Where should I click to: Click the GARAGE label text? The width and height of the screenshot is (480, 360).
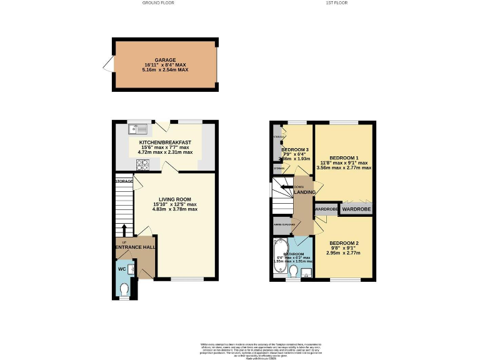(x=166, y=60)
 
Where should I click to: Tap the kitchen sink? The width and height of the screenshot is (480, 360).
(x=137, y=129)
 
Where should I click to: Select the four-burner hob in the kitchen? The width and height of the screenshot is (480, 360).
(x=142, y=165)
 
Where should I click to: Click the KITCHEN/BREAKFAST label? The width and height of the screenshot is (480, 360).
(x=164, y=142)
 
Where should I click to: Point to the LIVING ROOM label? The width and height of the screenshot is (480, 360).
(x=174, y=199)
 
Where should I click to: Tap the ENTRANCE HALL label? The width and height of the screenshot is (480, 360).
(x=135, y=247)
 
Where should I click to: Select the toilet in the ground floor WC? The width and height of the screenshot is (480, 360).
(x=124, y=289)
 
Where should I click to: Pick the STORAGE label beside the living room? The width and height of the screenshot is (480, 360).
(x=124, y=181)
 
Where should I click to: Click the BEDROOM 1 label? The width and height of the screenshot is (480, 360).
(x=344, y=157)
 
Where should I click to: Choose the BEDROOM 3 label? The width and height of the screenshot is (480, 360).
(x=294, y=150)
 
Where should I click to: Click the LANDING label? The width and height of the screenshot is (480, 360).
(x=304, y=192)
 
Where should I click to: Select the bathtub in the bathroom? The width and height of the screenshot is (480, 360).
(x=279, y=256)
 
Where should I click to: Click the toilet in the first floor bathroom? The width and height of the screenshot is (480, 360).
(x=294, y=270)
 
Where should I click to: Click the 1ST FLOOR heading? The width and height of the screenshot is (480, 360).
(x=336, y=3)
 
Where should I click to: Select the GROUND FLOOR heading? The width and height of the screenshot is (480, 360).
(x=159, y=3)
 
